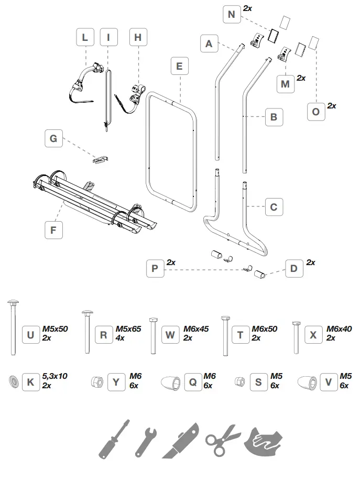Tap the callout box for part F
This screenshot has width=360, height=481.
coord(53,229)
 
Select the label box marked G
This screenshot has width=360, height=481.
coord(53,139)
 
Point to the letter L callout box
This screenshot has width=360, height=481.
coord(85,38)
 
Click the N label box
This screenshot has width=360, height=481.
coord(231,14)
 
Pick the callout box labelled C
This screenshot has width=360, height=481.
coord(274,207)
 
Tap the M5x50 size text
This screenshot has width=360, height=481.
coord(55,329)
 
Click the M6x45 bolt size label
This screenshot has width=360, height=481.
coord(196,329)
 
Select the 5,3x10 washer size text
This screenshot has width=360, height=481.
coord(55,376)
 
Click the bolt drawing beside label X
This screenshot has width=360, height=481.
coord(296,336)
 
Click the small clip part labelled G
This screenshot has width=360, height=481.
coord(101,159)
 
